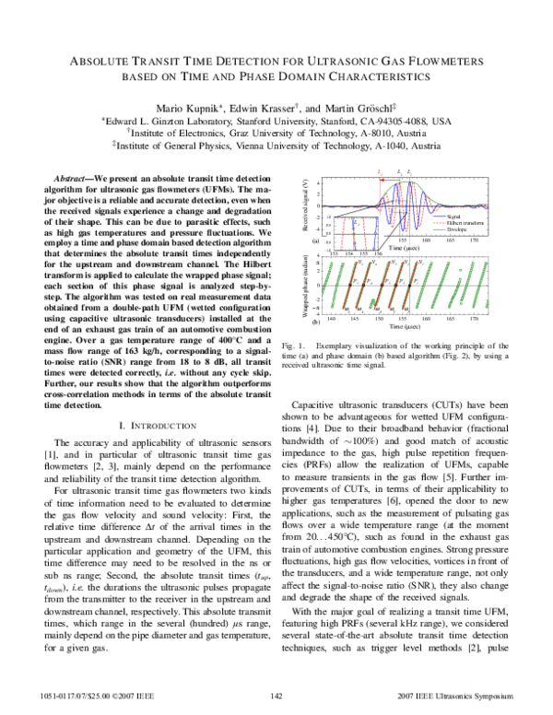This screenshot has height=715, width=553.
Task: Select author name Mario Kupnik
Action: [x=184, y=104]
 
